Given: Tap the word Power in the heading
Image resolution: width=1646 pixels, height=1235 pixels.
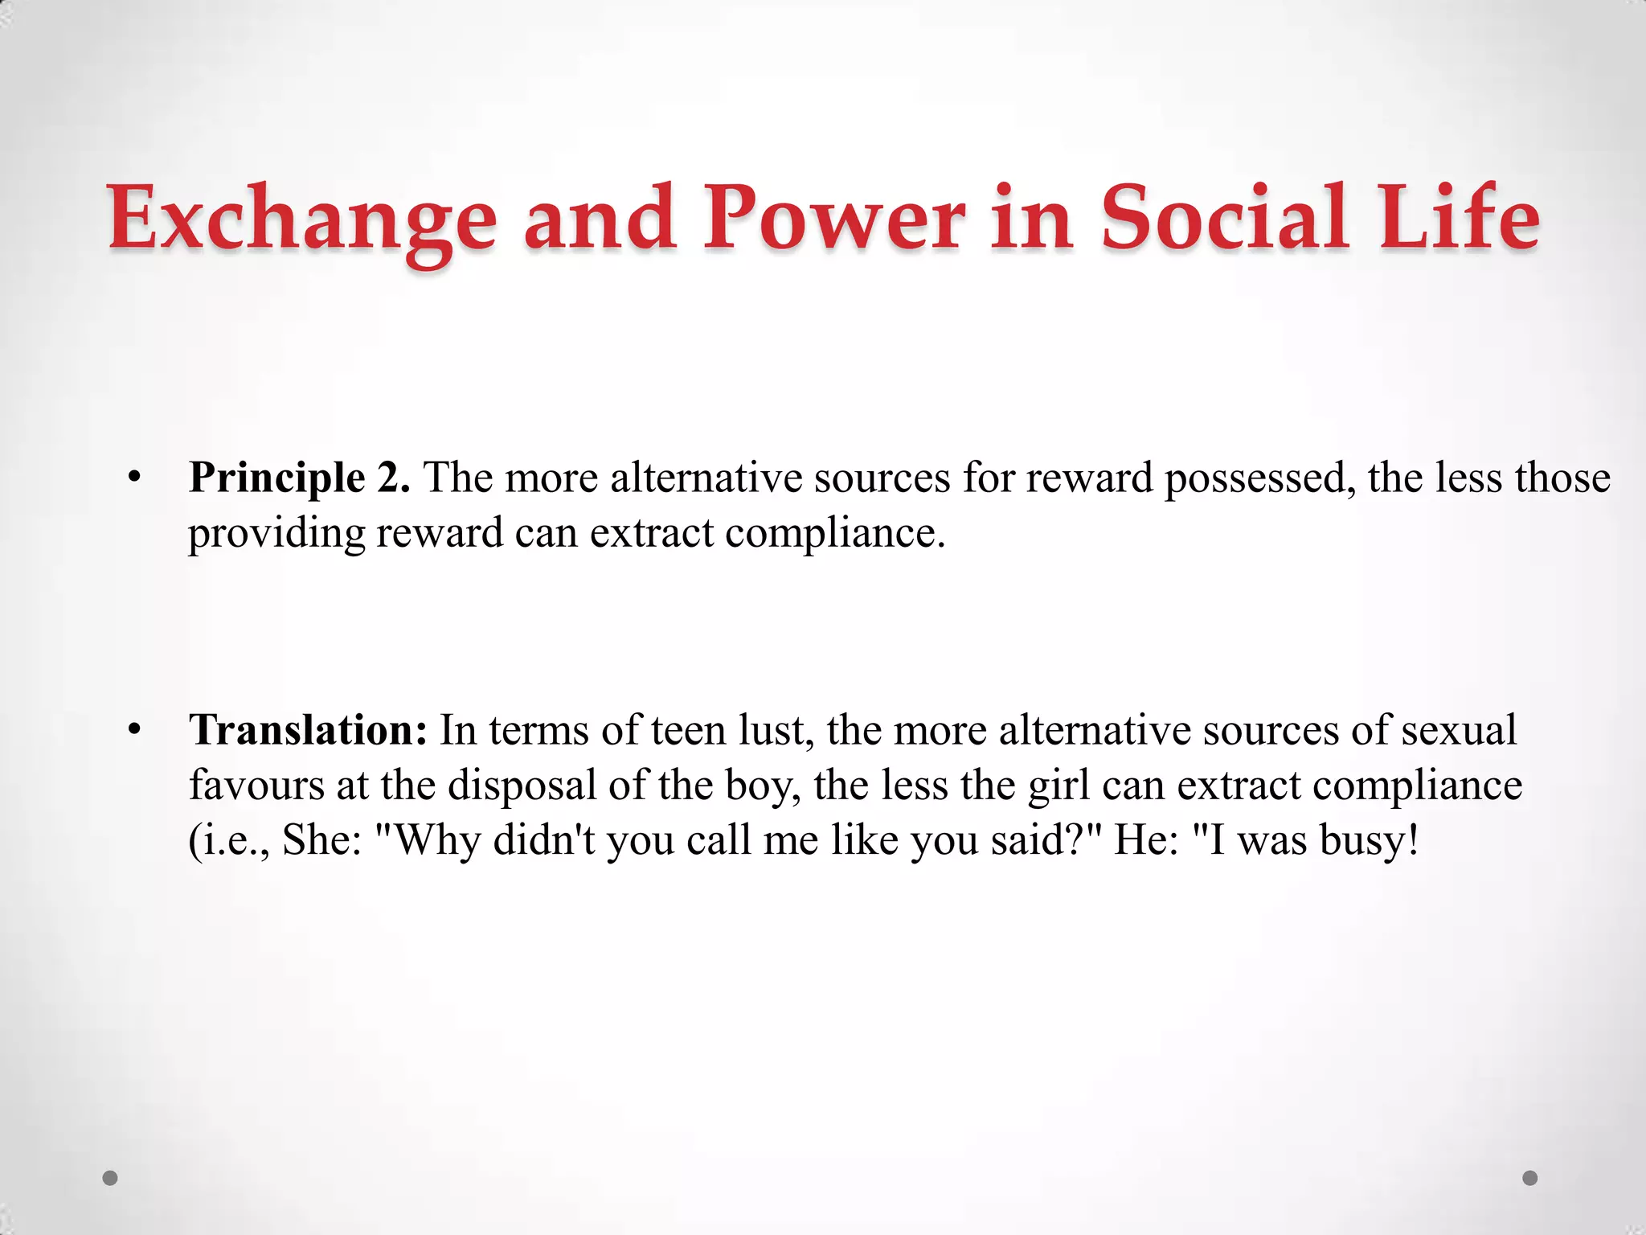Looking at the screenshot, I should tap(833, 217).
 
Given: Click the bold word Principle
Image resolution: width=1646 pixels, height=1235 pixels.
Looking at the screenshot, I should tap(277, 478).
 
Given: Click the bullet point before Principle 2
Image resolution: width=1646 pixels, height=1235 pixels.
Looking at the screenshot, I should tap(134, 478).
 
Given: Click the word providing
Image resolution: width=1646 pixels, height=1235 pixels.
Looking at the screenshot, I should tap(276, 533).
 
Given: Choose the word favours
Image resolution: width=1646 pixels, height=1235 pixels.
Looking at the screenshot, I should tap(256, 785).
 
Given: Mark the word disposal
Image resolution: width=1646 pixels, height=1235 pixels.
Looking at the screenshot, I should tap(522, 785).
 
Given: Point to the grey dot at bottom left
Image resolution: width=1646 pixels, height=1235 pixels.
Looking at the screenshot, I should tap(111, 1178).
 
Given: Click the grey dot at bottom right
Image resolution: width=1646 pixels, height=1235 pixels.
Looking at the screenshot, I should tap(1530, 1178).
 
